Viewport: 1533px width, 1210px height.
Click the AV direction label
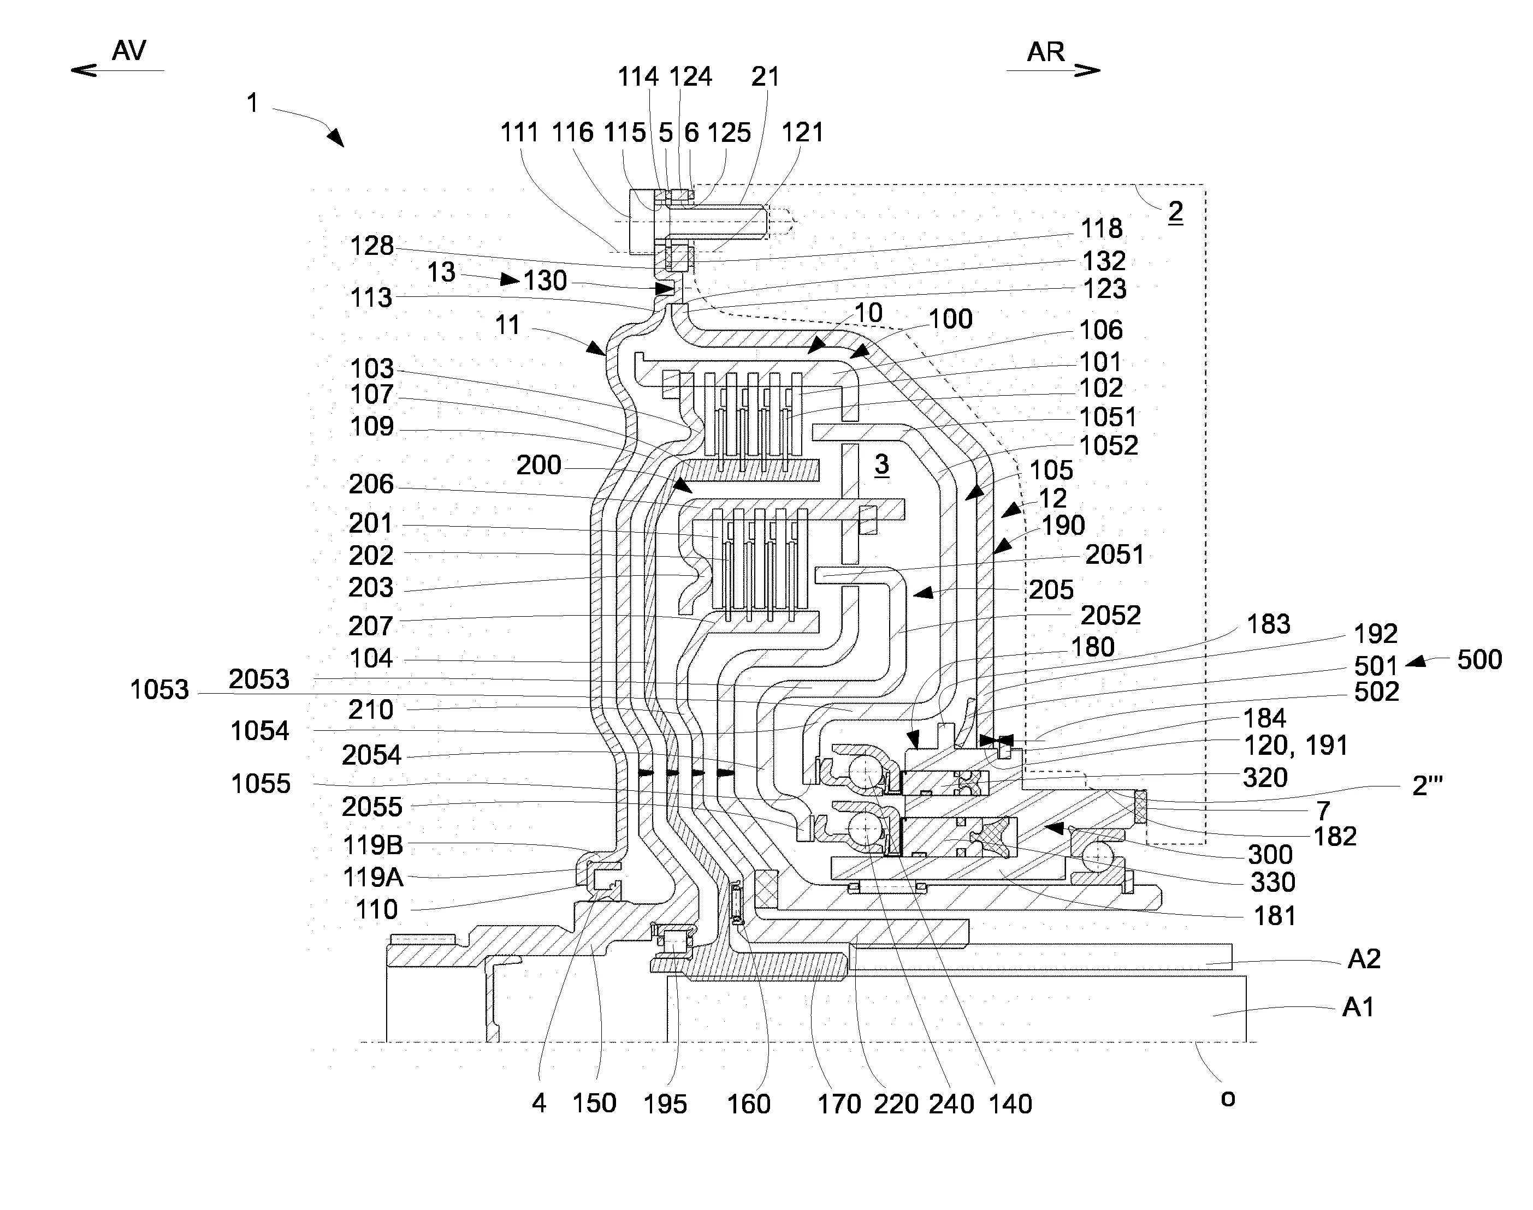click(x=129, y=51)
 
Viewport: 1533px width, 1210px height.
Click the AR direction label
click(x=1046, y=52)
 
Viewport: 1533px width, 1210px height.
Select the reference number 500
click(x=1479, y=659)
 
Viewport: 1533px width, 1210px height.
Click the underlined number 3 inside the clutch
click(x=881, y=464)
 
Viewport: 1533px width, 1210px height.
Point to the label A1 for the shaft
click(x=1358, y=1006)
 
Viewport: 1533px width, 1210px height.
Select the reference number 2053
click(x=259, y=679)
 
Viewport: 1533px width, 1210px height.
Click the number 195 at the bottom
click(x=665, y=1104)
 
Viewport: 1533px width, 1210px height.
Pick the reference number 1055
click(x=261, y=784)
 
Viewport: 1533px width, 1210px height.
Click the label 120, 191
click(x=1295, y=746)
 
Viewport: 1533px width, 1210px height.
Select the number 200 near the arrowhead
click(x=538, y=466)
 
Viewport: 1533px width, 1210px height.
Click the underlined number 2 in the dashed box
click(x=1175, y=211)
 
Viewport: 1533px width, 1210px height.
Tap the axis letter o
click(x=1228, y=1098)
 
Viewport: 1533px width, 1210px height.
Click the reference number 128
click(x=371, y=246)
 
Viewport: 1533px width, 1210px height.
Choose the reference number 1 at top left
click(x=252, y=104)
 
